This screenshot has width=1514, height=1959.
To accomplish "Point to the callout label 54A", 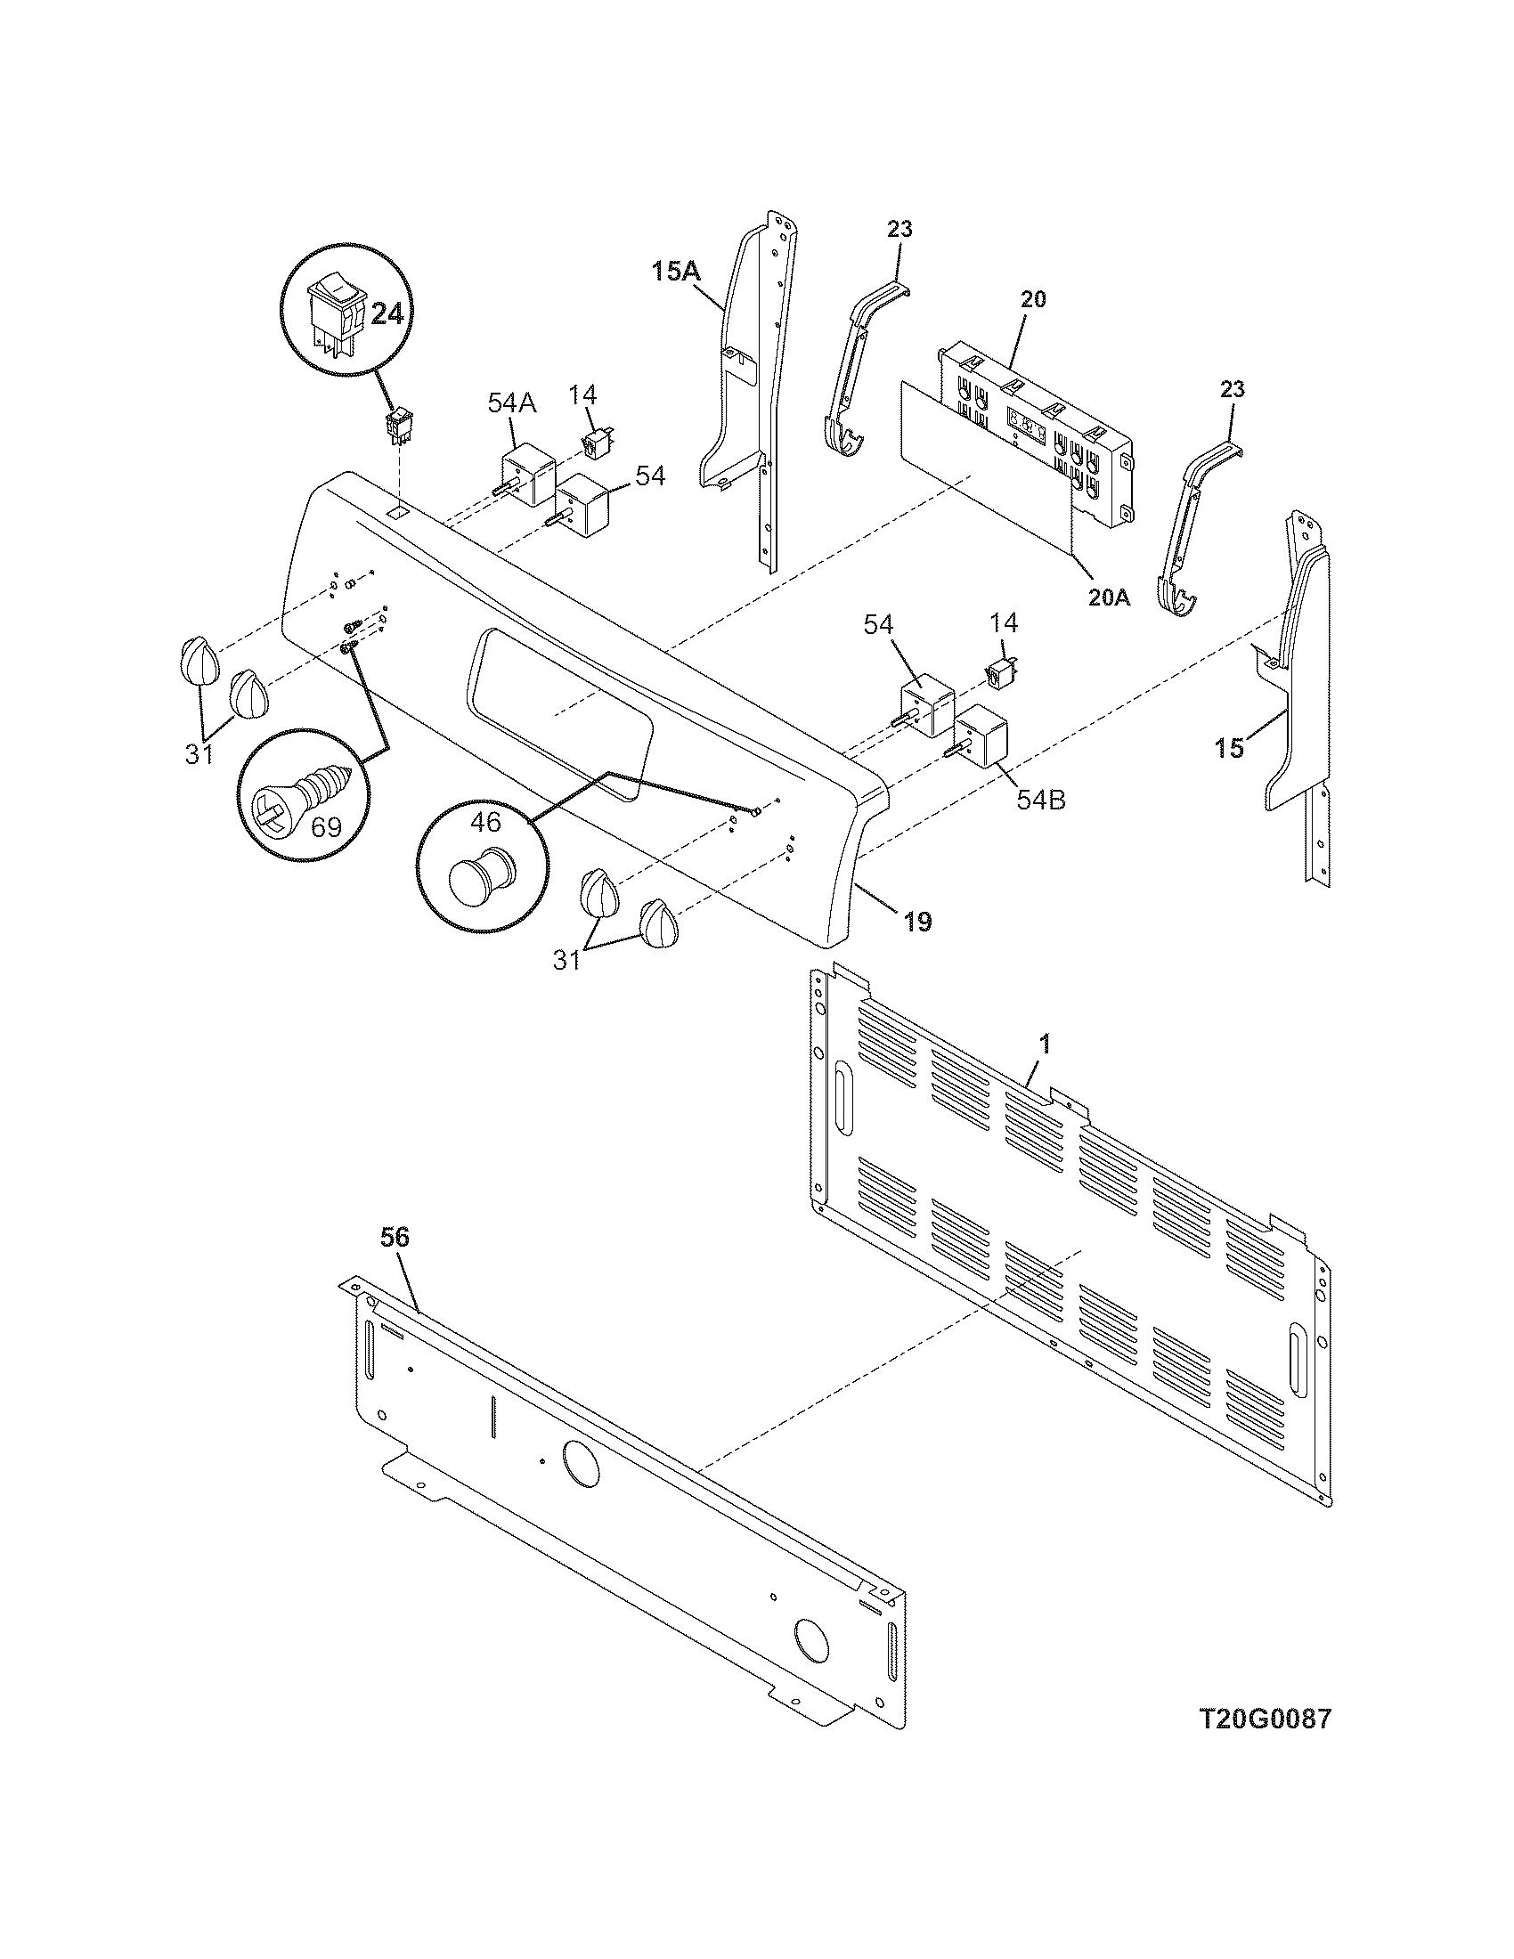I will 512,402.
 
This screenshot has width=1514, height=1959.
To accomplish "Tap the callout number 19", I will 916,922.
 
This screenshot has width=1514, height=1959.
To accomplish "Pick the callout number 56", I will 395,1237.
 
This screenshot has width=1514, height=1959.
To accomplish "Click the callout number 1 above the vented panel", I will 1044,1045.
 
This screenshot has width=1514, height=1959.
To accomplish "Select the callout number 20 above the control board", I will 1033,299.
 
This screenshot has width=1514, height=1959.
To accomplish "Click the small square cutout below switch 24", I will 397,512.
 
